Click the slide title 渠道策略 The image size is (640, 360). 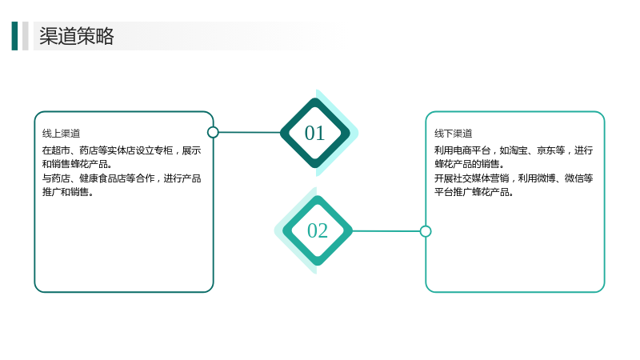76,36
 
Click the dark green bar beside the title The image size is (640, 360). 14,36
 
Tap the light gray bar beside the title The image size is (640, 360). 26,36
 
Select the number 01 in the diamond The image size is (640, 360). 314,133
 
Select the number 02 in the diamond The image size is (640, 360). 317,230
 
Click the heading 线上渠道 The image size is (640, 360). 62,134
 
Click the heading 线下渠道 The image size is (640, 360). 453,134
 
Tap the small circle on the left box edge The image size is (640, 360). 213,132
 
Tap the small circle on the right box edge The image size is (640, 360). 426,231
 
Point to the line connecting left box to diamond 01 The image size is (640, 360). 250,132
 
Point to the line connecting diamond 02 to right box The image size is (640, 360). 386,231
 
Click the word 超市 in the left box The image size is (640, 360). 61,150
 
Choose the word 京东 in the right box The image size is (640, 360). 546,150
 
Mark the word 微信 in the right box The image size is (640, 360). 574,178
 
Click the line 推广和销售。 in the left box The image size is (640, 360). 68,192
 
